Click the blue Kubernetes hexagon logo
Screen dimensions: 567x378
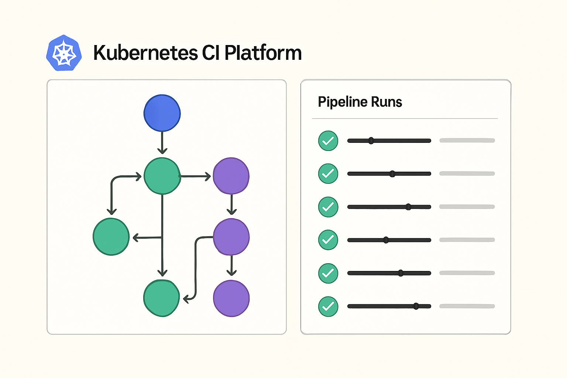pyautogui.click(x=64, y=53)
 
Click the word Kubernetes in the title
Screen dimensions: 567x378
pyautogui.click(x=145, y=53)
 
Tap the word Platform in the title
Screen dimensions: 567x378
pyautogui.click(x=263, y=52)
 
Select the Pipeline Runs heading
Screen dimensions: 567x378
pyautogui.click(x=360, y=102)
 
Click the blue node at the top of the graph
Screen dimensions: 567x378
pyautogui.click(x=162, y=113)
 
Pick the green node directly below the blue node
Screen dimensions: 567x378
pyautogui.click(x=162, y=176)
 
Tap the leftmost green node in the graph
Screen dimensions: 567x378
pyautogui.click(x=111, y=237)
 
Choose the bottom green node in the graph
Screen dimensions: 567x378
pyautogui.click(x=161, y=298)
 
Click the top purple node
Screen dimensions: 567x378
pyautogui.click(x=231, y=176)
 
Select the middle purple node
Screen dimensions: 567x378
pyautogui.click(x=231, y=237)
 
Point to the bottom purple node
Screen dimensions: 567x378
pyautogui.click(x=231, y=299)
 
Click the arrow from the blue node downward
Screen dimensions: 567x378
pyautogui.click(x=162, y=143)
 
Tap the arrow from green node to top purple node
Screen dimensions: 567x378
pyautogui.click(x=195, y=176)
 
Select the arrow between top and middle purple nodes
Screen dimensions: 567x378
pyautogui.click(x=231, y=204)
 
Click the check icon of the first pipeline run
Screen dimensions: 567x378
pyautogui.click(x=328, y=141)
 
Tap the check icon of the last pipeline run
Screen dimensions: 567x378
pyautogui.click(x=328, y=307)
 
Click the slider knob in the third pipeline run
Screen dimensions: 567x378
pyautogui.click(x=408, y=207)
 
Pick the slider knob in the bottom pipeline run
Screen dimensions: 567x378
pyautogui.click(x=416, y=306)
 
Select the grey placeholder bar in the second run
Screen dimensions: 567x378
pyautogui.click(x=467, y=174)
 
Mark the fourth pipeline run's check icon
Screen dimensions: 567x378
pyautogui.click(x=328, y=240)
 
